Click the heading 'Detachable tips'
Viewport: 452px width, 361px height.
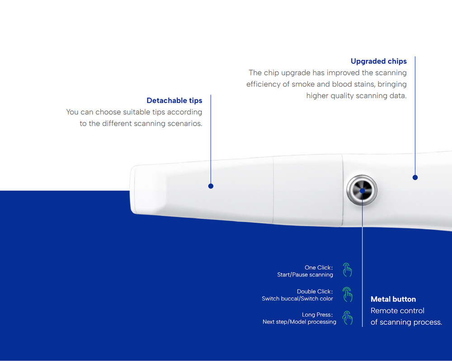point(174,101)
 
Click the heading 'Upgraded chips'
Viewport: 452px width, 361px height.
point(378,61)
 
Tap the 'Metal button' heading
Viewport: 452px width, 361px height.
point(393,299)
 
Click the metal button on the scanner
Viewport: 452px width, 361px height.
point(362,190)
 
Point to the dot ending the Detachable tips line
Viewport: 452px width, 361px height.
point(211,186)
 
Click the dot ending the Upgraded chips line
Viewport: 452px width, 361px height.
point(415,178)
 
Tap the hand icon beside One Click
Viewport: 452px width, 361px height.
point(347,270)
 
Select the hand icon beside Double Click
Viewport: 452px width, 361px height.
point(347,294)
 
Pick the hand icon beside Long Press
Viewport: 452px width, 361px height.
point(347,318)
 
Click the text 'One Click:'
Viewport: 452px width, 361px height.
point(319,267)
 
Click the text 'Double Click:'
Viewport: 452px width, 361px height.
point(315,291)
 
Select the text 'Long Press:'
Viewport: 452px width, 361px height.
point(317,314)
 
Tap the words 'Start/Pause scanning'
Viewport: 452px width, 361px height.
point(305,275)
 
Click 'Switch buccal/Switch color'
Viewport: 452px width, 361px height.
point(297,299)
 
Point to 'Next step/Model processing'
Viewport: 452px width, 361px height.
point(299,322)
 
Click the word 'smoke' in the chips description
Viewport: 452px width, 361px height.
point(303,84)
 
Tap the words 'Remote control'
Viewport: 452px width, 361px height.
point(397,310)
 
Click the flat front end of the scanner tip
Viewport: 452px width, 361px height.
point(132,190)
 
